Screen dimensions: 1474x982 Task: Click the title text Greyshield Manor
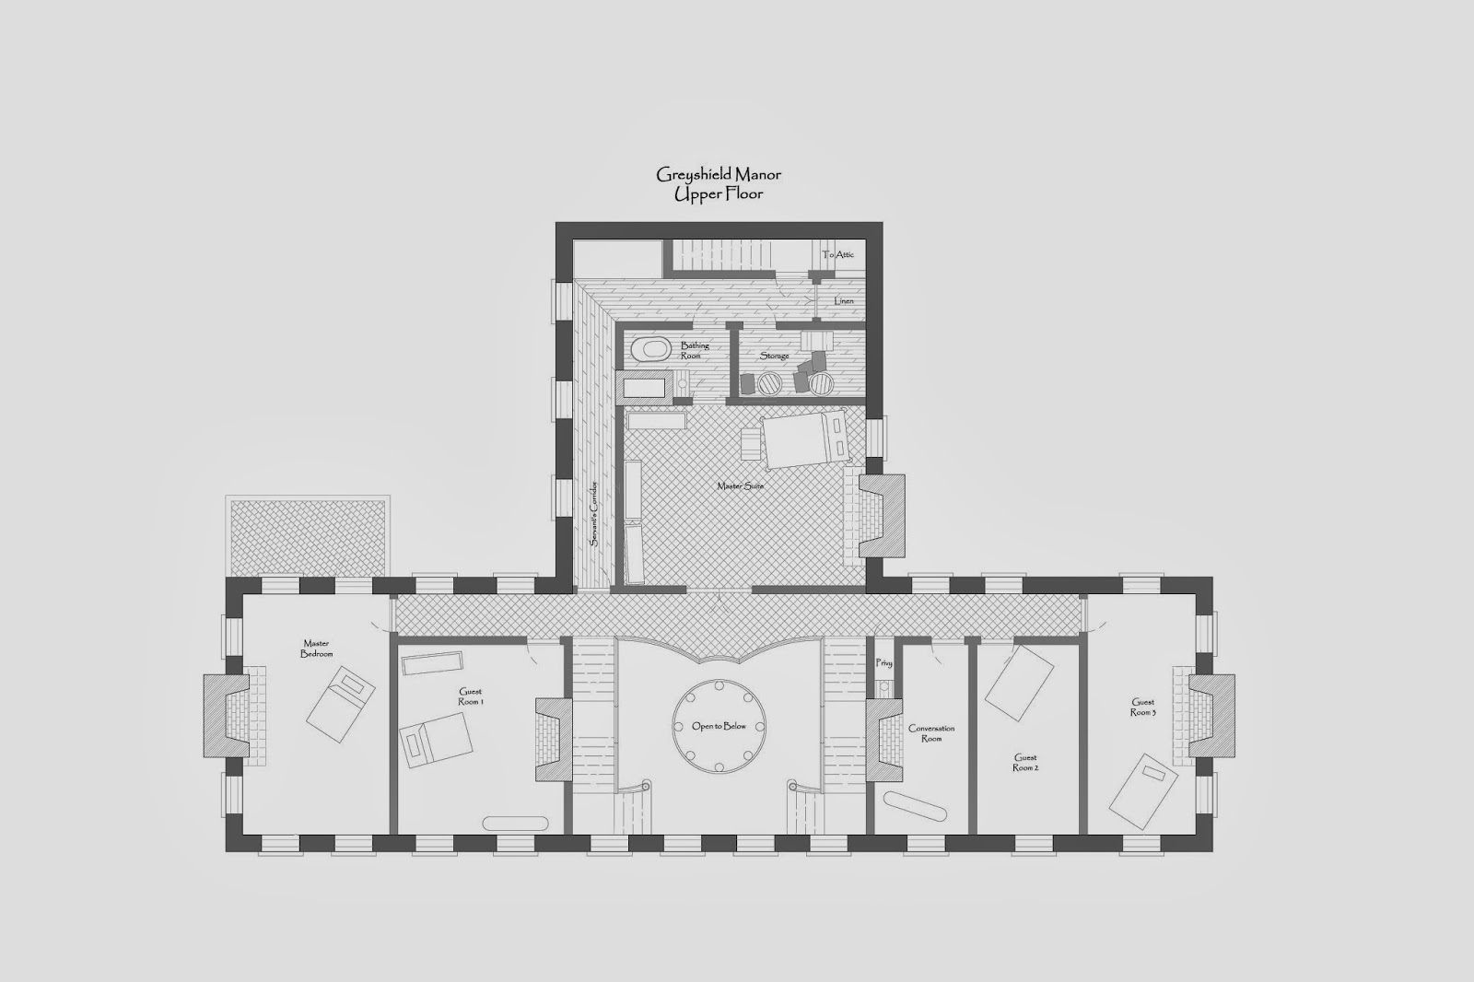tap(719, 175)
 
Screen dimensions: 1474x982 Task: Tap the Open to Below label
tap(719, 726)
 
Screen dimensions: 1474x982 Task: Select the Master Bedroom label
tap(317, 649)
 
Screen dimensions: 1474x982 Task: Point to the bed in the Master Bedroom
tap(341, 704)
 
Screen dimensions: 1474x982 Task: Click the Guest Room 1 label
tap(471, 696)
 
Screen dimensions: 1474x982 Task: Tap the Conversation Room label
tap(931, 733)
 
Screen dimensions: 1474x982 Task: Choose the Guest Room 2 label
tap(1025, 762)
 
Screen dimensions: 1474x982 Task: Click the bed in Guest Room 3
tap(1143, 791)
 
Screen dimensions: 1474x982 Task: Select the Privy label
tap(883, 662)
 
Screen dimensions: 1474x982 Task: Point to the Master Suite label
tap(741, 485)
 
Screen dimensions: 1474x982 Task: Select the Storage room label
tap(775, 356)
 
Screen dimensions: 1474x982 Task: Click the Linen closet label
tap(844, 301)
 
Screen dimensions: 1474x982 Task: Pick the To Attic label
tap(837, 254)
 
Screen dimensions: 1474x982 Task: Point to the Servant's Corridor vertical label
tap(593, 513)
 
